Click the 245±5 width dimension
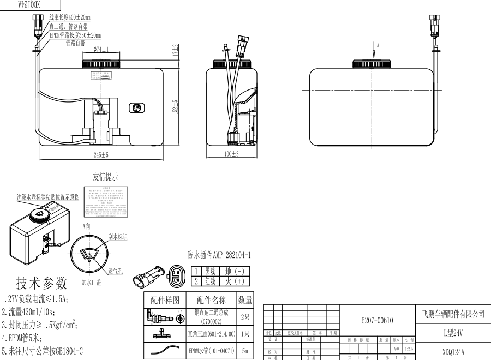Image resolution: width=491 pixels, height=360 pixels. pos(101,155)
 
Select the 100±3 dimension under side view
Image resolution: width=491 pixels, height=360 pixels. pos(231,154)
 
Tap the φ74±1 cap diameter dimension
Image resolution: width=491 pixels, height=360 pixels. pos(101,49)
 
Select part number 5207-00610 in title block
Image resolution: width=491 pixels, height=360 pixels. pos(377,321)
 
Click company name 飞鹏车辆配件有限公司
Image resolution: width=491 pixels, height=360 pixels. pos(453,314)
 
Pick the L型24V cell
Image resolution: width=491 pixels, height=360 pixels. pos(453,332)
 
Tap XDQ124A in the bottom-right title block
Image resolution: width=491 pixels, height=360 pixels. pos(453,351)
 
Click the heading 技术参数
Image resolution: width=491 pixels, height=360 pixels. pos(41,283)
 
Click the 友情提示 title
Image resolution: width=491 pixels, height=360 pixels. pos(105,177)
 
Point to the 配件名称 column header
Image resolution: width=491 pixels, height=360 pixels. pos(211,300)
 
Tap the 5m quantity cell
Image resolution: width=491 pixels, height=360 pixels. pos(245,351)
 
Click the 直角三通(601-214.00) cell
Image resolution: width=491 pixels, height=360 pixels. pos(211,333)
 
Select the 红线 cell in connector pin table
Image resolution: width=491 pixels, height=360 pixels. pos(211,281)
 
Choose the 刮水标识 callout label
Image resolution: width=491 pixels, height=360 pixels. pos(117,237)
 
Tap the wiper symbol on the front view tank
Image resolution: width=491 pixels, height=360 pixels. pos(136,108)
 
